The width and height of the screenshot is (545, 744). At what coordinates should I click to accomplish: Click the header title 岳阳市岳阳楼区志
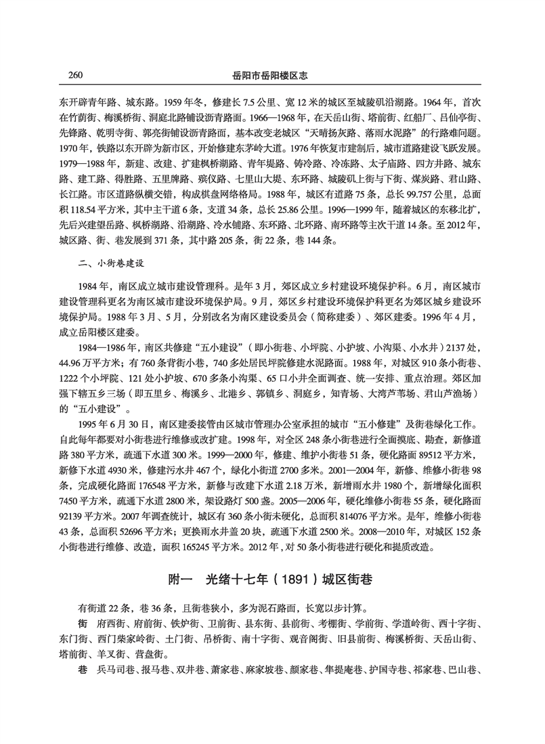273,72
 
